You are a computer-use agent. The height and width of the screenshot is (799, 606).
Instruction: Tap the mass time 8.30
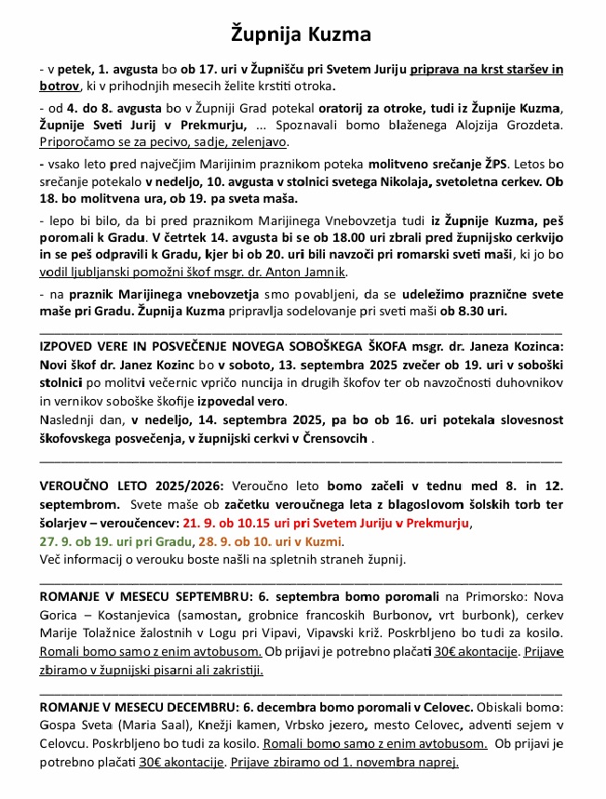pyautogui.click(x=465, y=309)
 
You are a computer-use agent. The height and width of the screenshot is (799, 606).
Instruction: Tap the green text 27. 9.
pyautogui.click(x=55, y=541)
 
